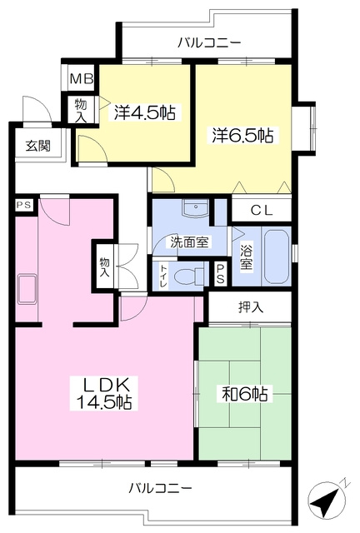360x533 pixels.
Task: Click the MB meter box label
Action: pyautogui.click(x=82, y=79)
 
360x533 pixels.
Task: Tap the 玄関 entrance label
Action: pyautogui.click(x=38, y=146)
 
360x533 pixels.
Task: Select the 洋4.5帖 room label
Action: pyautogui.click(x=145, y=113)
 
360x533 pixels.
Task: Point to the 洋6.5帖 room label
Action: pyautogui.click(x=242, y=135)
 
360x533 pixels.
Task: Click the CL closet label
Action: pyautogui.click(x=262, y=211)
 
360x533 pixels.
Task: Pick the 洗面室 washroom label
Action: pyautogui.click(x=189, y=242)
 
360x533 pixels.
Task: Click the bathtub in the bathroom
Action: pyautogui.click(x=277, y=257)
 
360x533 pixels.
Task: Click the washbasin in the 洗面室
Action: pyautogui.click(x=195, y=207)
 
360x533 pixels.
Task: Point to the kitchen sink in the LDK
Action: pyautogui.click(x=27, y=289)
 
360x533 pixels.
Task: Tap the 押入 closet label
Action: pyautogui.click(x=251, y=307)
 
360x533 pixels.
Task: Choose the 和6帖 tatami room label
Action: pyautogui.click(x=245, y=394)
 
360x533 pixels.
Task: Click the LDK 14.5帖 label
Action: pyautogui.click(x=104, y=393)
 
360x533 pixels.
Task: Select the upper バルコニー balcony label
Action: pyautogui.click(x=210, y=42)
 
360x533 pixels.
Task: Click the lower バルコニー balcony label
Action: pyautogui.click(x=160, y=489)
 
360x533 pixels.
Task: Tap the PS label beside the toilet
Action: pyautogui.click(x=220, y=273)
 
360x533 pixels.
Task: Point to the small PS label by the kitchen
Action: pyautogui.click(x=24, y=205)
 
